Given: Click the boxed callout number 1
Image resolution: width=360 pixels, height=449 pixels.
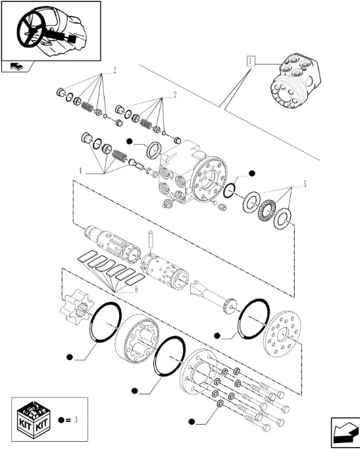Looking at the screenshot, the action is pyautogui.click(x=251, y=61).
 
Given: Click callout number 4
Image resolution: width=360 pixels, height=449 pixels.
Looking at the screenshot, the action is pyautogui.click(x=80, y=171).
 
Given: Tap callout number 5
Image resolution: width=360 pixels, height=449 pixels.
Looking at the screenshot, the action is pyautogui.click(x=305, y=184).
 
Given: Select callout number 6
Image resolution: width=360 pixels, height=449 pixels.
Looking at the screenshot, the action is pyautogui.click(x=136, y=289).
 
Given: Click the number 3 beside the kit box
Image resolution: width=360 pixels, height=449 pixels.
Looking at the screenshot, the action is pyautogui.click(x=76, y=420).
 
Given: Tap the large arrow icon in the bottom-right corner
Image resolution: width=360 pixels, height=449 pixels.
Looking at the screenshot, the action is pyautogui.click(x=345, y=433).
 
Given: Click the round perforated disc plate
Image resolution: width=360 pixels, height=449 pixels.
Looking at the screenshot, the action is pyautogui.click(x=282, y=334).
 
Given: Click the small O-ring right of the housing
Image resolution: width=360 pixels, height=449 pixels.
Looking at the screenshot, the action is pyautogui.click(x=229, y=191).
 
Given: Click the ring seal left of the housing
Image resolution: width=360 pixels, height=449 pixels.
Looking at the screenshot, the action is pyautogui.click(x=155, y=149).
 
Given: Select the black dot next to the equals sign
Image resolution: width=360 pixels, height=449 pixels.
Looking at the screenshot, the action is pyautogui.click(x=61, y=420).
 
